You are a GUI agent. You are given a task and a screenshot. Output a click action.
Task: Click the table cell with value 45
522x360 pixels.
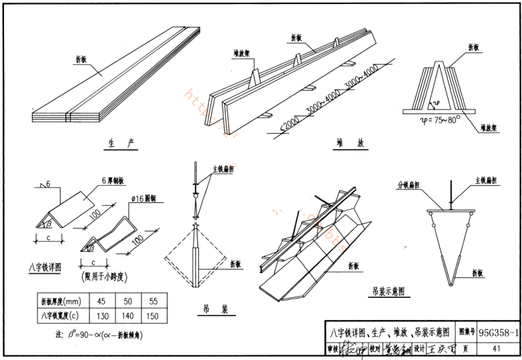point(101,300)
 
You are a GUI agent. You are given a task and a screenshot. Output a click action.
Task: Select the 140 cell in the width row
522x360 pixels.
point(127,315)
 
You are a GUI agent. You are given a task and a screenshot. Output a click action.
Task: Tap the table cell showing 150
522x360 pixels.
point(154,315)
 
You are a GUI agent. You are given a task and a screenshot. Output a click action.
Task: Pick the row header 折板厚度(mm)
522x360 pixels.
point(62,300)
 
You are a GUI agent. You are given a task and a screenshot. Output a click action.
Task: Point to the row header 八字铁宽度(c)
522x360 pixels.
point(62,315)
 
